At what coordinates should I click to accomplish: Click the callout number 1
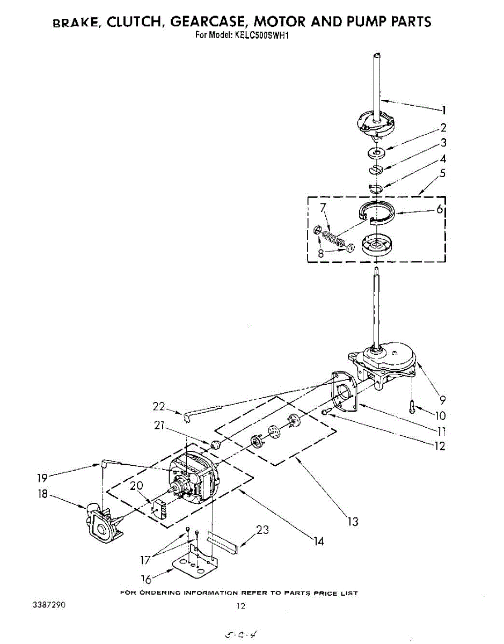[x=444, y=111]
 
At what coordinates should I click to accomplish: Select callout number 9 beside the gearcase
[x=442, y=399]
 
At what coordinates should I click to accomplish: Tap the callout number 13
[x=353, y=521]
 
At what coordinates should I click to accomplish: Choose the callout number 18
[x=43, y=494]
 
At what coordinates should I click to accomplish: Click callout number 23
[x=262, y=530]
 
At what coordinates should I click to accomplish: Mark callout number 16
[x=146, y=580]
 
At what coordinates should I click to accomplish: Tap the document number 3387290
[x=49, y=605]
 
